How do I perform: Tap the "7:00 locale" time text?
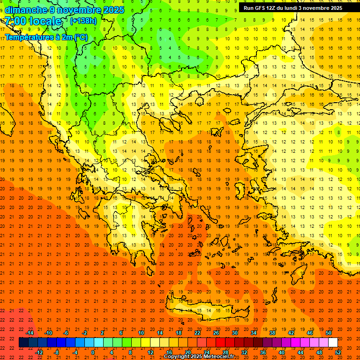[x=33, y=21]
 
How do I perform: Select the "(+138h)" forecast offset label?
[x=83, y=21]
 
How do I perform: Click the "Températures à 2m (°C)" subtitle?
[x=46, y=37]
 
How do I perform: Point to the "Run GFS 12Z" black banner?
[x=293, y=8]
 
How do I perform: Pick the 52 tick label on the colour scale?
[x=338, y=352]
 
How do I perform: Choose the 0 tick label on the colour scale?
[x=93, y=352]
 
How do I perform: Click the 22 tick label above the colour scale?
[x=197, y=333]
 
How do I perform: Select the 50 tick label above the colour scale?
[x=329, y=333]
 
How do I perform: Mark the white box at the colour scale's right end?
[x=333, y=343]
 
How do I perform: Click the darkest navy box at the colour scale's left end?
[x=23, y=343]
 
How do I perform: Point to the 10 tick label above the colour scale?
[x=141, y=333]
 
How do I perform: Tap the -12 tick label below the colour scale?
[x=39, y=352]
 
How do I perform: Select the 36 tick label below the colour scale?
[x=263, y=352]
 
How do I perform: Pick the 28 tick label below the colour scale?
[x=225, y=352]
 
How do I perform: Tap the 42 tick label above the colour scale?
[x=291, y=333]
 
